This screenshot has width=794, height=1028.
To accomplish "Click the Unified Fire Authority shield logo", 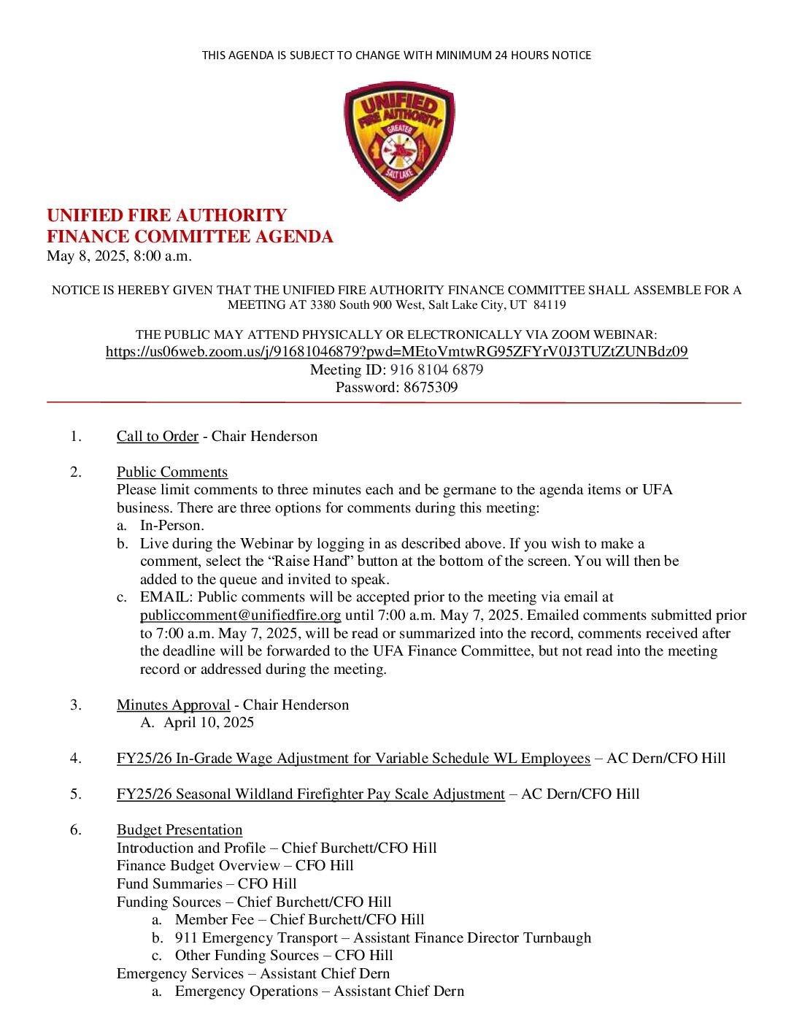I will pos(399,141).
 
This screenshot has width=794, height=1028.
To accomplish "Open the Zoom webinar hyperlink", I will pos(396,352).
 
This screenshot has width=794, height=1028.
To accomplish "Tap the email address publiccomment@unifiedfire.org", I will pos(240,615).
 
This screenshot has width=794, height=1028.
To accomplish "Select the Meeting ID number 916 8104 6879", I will pos(436,370).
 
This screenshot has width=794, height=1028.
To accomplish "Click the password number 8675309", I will pos(431,388).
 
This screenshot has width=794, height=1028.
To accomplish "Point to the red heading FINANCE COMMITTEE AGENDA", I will pos(190,237).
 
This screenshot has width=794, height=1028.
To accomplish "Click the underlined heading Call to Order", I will pos(158,437).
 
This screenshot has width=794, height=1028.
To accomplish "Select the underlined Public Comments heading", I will pos(172,472).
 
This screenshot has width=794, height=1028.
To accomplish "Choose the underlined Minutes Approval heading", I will pos(173,705).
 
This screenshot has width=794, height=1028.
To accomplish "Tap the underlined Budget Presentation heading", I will pos(180,830).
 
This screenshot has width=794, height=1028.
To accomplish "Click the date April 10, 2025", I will pos(209,723).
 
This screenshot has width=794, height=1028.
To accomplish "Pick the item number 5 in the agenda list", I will pos(76,794).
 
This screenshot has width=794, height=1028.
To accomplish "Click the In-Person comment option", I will pos(172,526).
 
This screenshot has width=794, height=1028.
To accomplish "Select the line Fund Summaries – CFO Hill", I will pos(207,884).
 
